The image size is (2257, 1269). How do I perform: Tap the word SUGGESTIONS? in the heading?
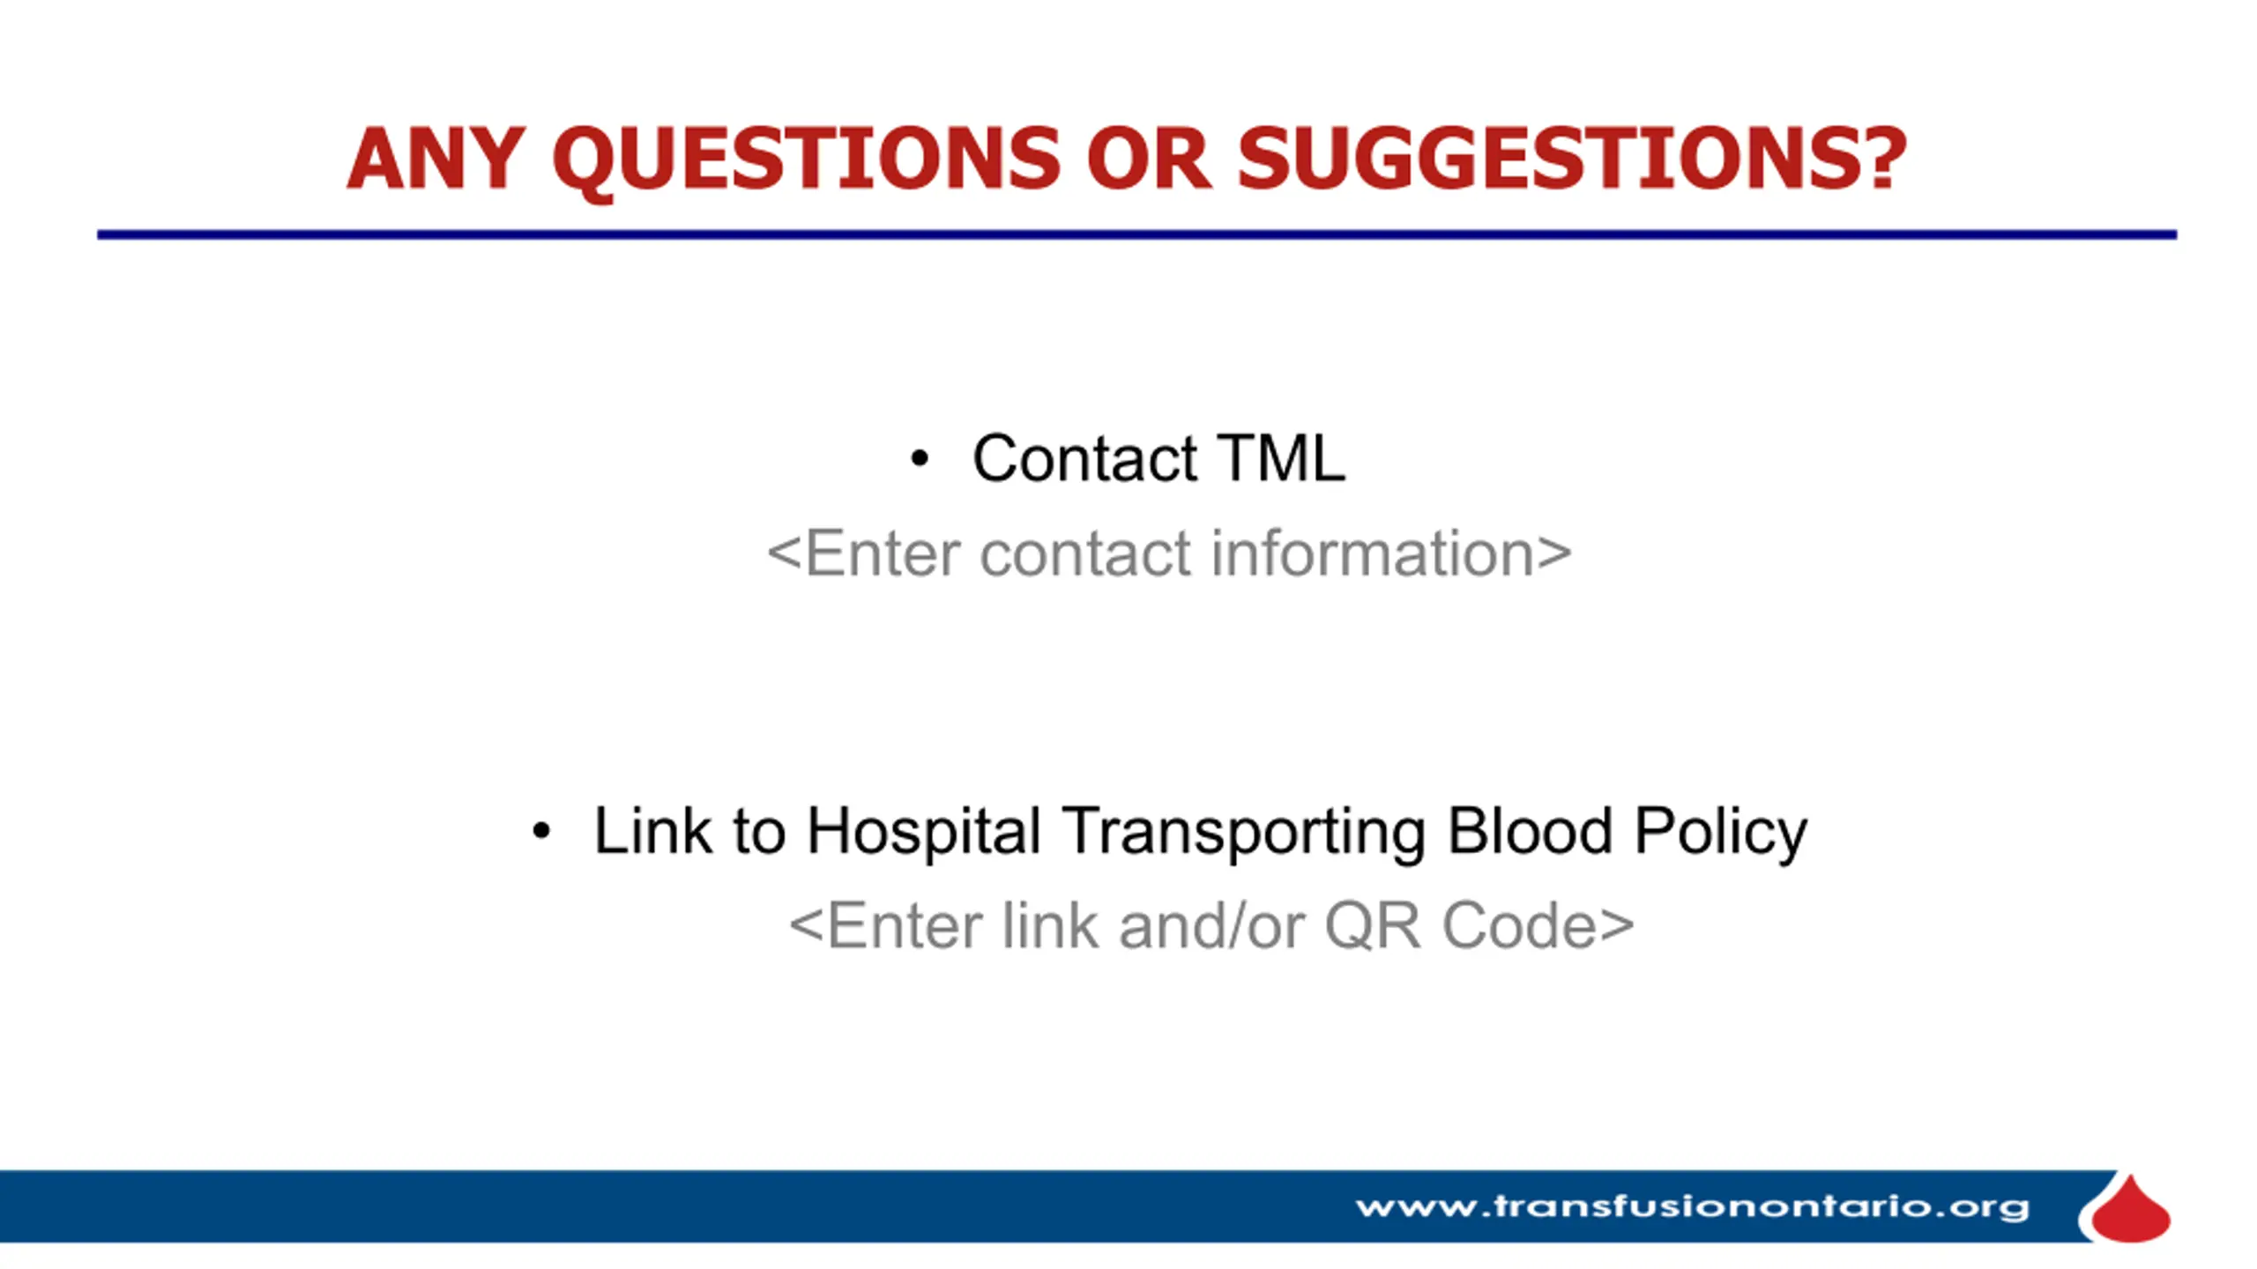pyautogui.click(x=1572, y=158)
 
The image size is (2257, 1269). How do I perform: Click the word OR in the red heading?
pyautogui.click(x=1149, y=159)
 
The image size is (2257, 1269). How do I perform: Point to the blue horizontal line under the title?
pyautogui.click(x=1137, y=234)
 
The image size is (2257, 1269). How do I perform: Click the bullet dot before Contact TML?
pyautogui.click(x=920, y=458)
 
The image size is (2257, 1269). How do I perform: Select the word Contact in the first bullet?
pyautogui.click(x=1084, y=458)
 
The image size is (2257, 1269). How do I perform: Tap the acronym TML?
pyautogui.click(x=1281, y=458)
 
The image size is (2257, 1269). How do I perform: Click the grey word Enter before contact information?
pyautogui.click(x=883, y=553)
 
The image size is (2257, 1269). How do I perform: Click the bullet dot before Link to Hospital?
pyautogui.click(x=541, y=830)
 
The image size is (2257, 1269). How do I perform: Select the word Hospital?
pyautogui.click(x=923, y=832)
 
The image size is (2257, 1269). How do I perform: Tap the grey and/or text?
pyautogui.click(x=1211, y=926)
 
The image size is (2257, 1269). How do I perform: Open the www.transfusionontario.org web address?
pyautogui.click(x=1692, y=1207)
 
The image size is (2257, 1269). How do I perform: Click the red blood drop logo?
pyautogui.click(x=2130, y=1210)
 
